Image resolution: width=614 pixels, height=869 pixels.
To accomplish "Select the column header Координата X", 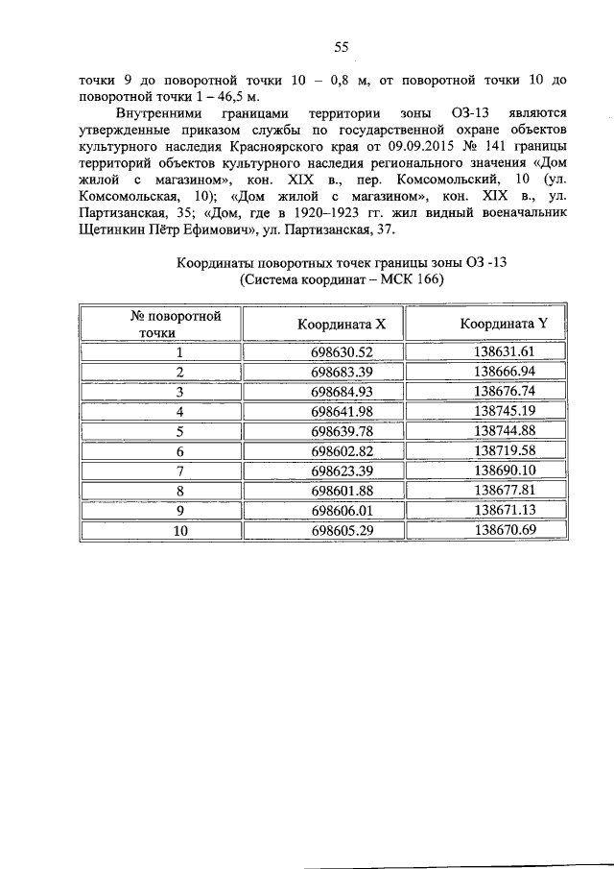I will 342,324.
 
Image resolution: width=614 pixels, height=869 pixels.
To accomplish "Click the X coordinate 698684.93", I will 342,392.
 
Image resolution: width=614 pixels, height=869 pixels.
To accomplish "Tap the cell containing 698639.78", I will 342,431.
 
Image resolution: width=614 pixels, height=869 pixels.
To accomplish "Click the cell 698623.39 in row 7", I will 342,471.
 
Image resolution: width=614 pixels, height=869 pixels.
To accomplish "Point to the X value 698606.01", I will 342,510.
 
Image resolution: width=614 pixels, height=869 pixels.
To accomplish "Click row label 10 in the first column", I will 179,530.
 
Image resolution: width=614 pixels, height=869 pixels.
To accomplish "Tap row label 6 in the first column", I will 179,451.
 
